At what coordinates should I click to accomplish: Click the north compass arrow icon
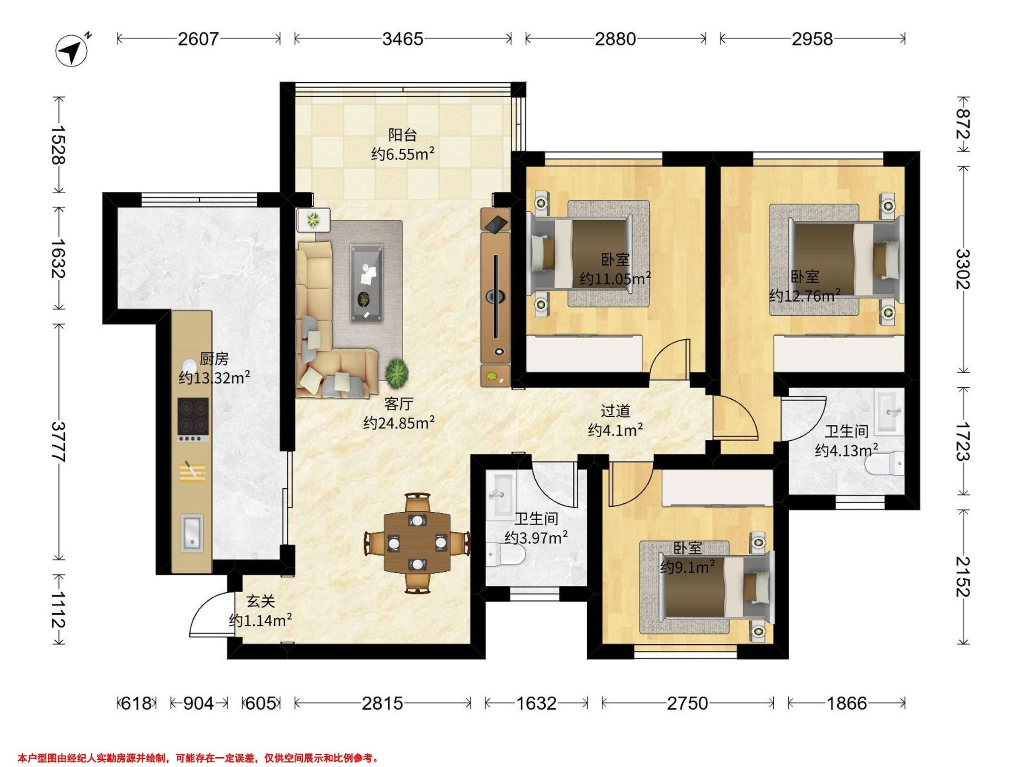coord(72,50)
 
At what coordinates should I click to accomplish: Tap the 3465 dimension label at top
coord(402,39)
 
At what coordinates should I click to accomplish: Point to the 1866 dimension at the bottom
coord(847,703)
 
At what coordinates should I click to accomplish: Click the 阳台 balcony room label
coord(402,135)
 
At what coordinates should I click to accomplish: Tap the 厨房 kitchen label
coord(214,358)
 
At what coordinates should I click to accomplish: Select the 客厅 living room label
coord(398,404)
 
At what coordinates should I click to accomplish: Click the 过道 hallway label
coord(615,410)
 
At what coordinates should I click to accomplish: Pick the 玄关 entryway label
coord(261,601)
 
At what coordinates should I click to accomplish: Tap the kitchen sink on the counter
coord(192,533)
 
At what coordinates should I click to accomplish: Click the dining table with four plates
coord(417,542)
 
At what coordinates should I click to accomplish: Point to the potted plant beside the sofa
coord(397,374)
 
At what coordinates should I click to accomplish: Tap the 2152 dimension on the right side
coord(964,577)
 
